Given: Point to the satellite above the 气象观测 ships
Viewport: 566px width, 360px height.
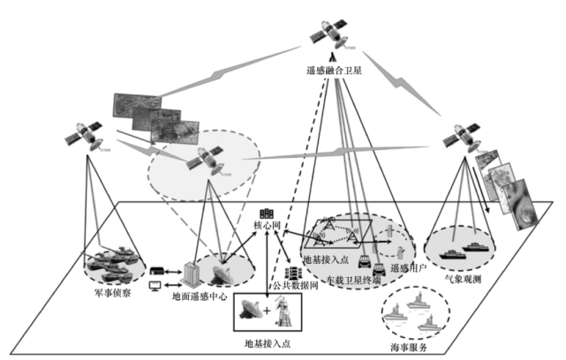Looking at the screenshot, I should (462, 139).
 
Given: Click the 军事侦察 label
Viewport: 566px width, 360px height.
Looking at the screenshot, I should (113, 292).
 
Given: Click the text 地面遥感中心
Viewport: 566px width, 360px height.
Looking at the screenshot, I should (200, 298).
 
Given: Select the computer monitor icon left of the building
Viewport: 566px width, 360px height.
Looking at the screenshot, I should (156, 286).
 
